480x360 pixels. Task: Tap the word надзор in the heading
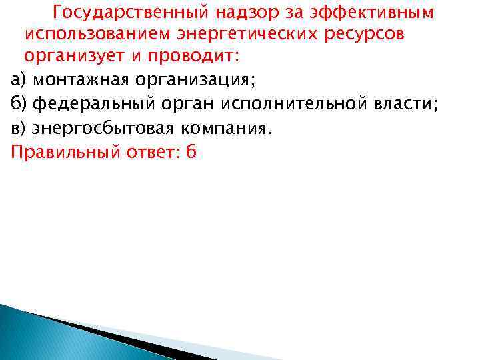249,13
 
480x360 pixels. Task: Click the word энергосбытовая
102,128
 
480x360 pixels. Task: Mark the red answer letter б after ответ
192,151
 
